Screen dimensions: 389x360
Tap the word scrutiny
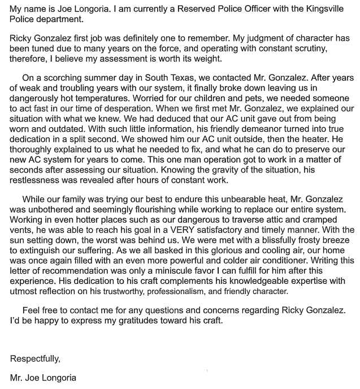tap(310, 50)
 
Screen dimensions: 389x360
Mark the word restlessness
tap(39, 180)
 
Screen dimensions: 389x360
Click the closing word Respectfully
tap(35, 358)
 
